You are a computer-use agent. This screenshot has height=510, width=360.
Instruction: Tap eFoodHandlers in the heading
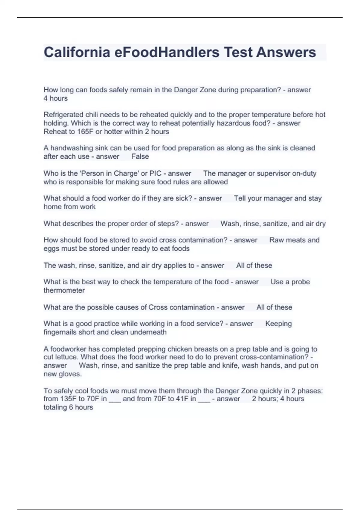pos(167,52)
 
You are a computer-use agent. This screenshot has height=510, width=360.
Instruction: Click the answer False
pos(140,157)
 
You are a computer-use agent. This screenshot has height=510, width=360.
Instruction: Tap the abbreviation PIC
pos(155,173)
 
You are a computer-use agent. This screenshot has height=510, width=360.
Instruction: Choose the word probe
pos(300,282)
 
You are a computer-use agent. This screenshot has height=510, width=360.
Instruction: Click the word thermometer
pos(64,290)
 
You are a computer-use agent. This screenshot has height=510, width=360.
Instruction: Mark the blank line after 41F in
pos(204,400)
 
